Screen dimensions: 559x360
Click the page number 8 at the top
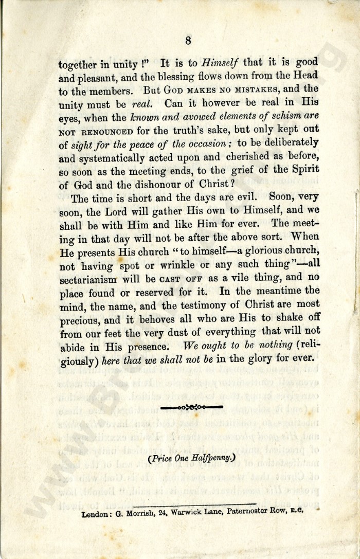(188, 40)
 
